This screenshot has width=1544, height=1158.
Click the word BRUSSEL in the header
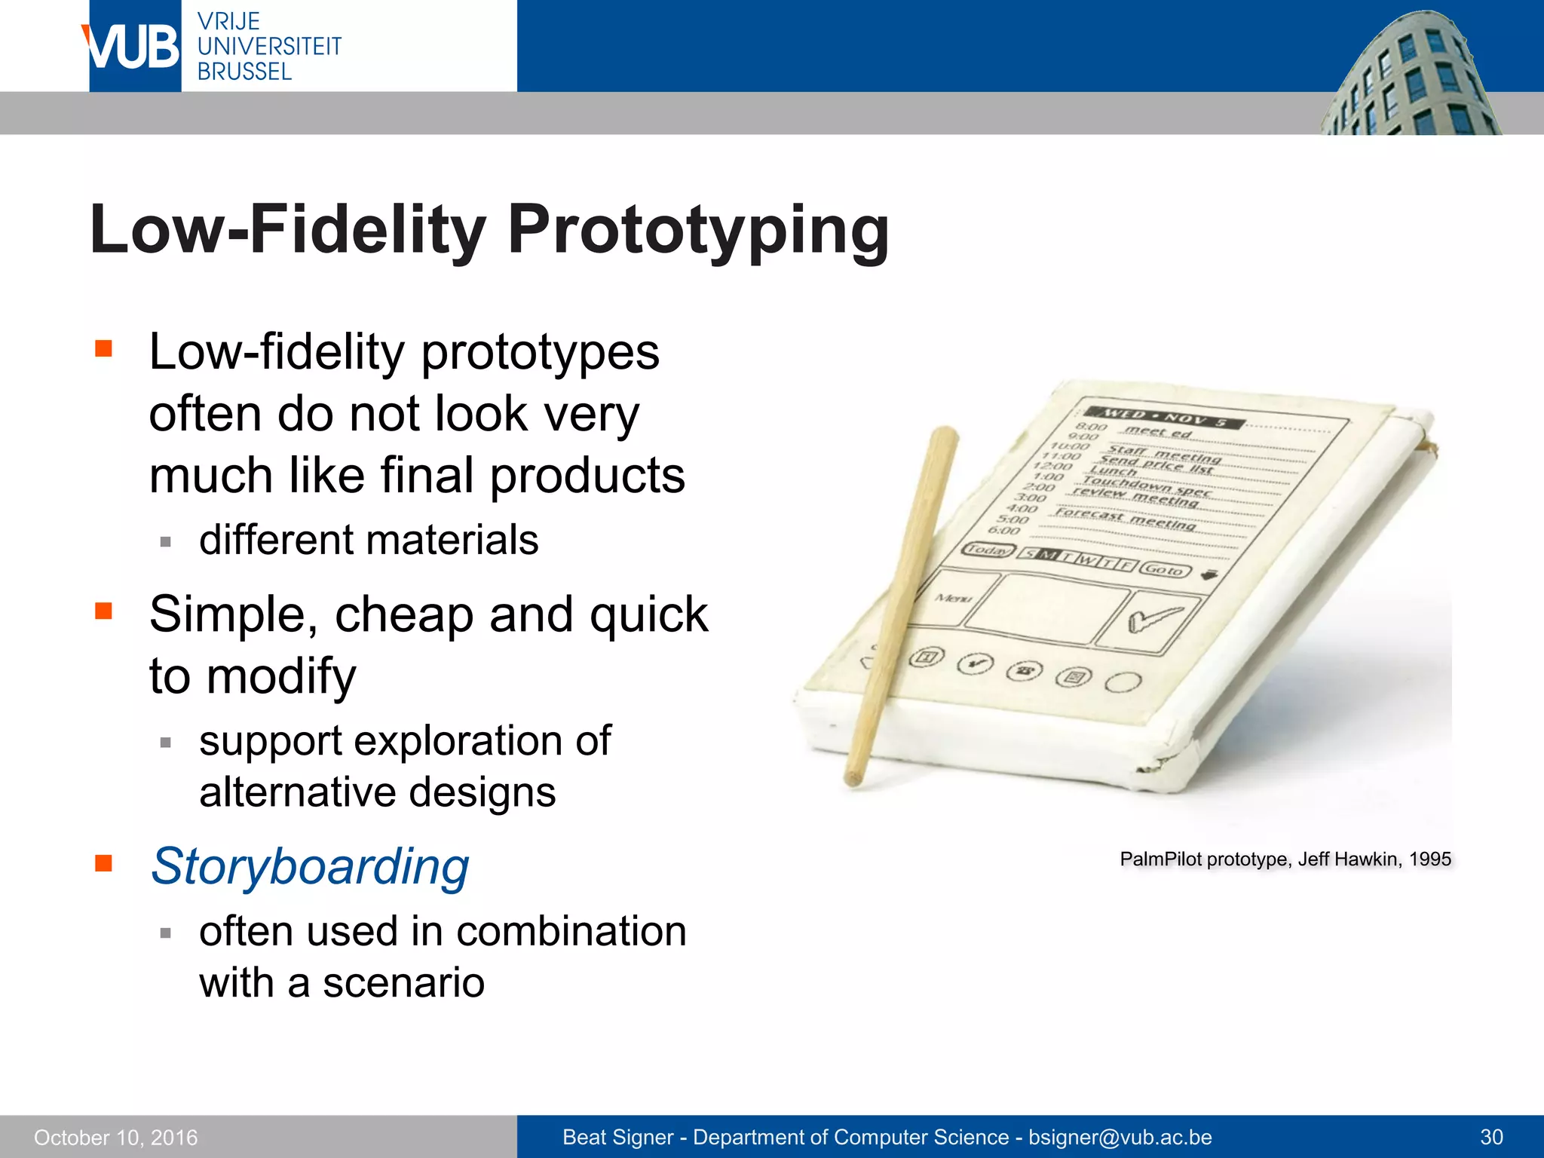point(244,72)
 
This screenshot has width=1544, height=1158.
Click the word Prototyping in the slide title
point(697,229)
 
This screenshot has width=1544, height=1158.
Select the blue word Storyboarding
point(310,866)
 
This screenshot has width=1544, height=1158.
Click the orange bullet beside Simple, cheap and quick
point(104,610)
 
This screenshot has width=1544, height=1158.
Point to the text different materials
point(369,540)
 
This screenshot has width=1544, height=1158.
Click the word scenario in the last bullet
point(403,982)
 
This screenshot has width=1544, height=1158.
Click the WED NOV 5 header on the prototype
point(1164,418)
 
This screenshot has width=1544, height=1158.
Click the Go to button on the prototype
point(1165,570)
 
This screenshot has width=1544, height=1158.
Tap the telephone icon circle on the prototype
point(1024,670)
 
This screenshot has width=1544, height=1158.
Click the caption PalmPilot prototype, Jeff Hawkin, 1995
point(1285,859)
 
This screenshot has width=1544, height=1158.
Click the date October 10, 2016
point(116,1137)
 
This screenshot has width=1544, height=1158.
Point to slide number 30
point(1491,1137)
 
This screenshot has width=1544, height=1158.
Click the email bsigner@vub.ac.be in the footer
point(1120,1137)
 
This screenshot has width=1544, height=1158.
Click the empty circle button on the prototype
point(1123,682)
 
